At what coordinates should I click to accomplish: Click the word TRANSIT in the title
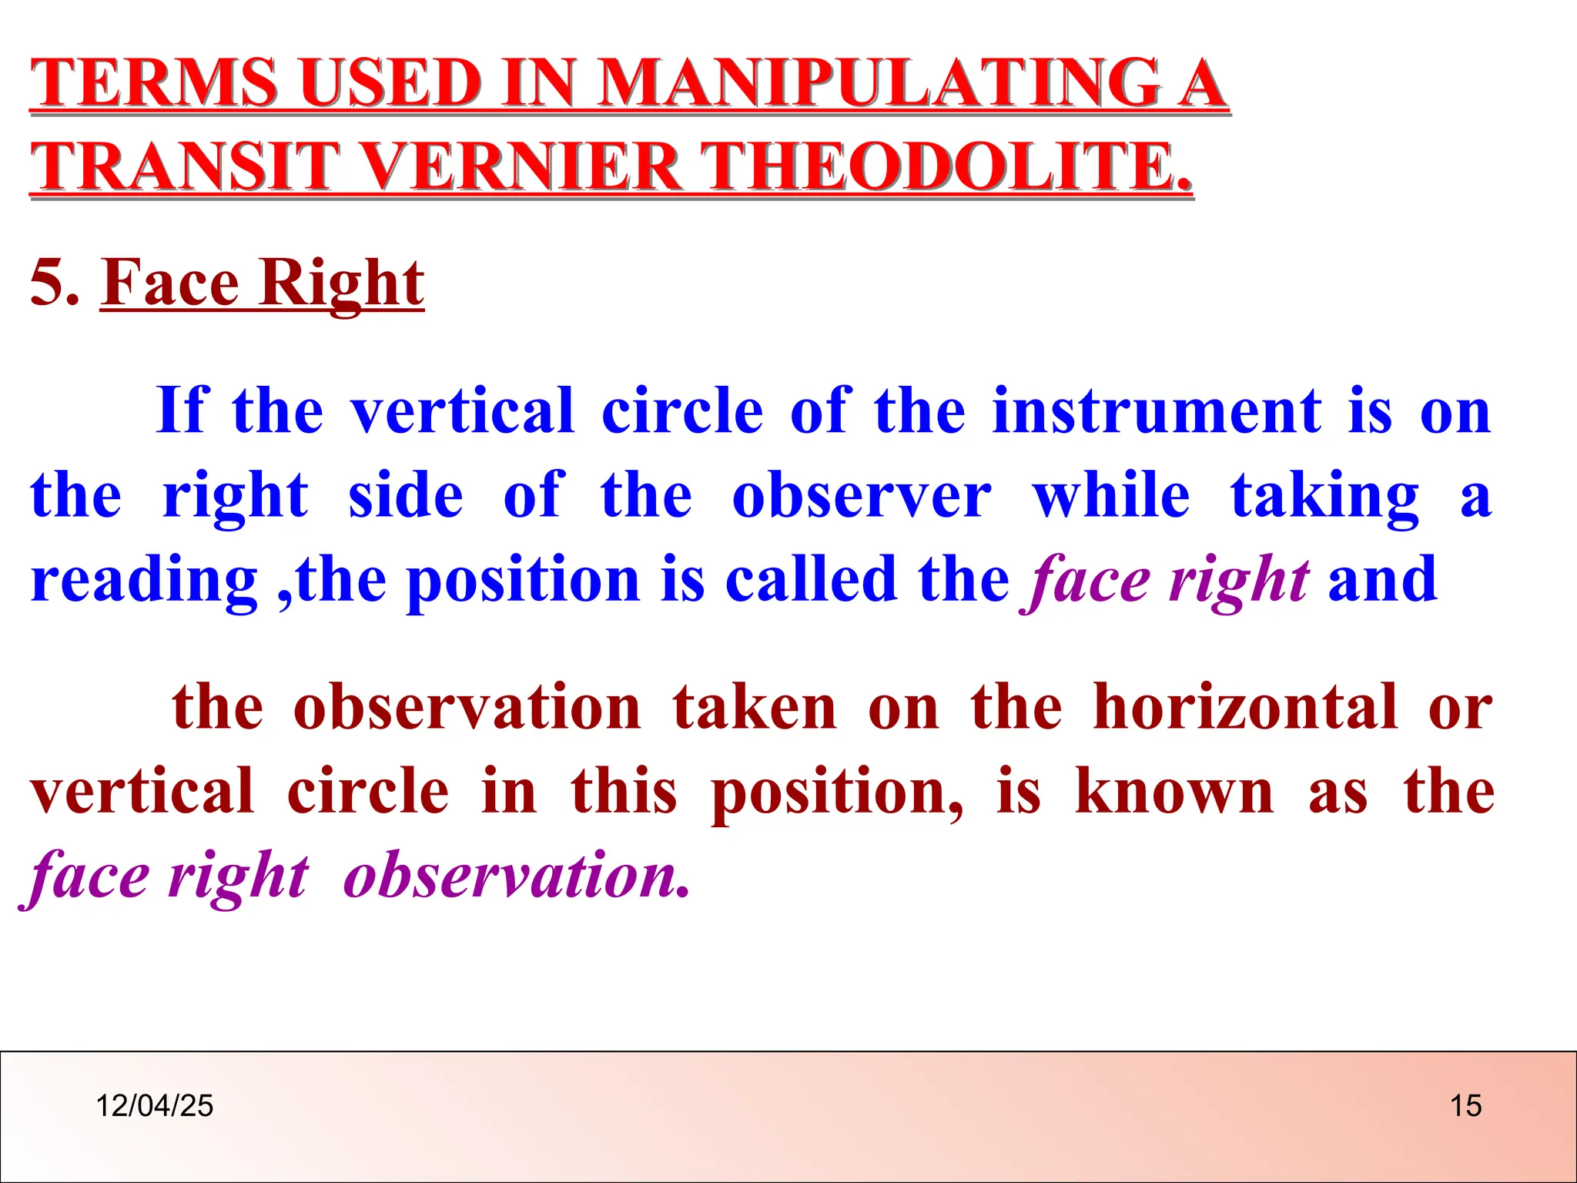click(x=185, y=167)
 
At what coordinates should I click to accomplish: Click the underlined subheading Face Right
click(x=262, y=283)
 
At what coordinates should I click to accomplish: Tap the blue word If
click(x=182, y=411)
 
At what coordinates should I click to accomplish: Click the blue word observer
click(x=861, y=495)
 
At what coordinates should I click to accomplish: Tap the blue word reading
click(x=144, y=580)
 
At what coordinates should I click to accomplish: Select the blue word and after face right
click(x=1382, y=580)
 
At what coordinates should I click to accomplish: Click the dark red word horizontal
click(x=1245, y=707)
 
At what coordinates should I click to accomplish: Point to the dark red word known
click(x=1174, y=792)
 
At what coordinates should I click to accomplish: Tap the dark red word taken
click(x=754, y=707)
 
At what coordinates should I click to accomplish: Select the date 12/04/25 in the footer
click(x=154, y=1106)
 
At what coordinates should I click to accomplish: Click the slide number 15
click(x=1465, y=1106)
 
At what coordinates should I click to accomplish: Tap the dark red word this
click(x=624, y=792)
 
